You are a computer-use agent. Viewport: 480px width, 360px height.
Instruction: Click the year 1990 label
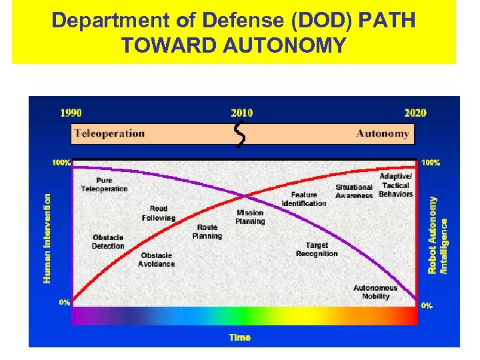[71, 113]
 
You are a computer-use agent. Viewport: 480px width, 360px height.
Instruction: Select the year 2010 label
[241, 113]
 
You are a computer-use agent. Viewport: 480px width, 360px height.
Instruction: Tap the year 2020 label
[415, 113]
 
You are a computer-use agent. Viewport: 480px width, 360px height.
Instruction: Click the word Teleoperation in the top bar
[109, 133]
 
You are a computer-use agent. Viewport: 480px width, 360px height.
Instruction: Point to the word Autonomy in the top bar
[382, 133]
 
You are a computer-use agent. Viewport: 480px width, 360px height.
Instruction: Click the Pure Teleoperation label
[104, 185]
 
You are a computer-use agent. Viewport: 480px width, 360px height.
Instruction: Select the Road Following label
[159, 213]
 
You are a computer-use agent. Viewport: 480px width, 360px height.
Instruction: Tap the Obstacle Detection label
[108, 242]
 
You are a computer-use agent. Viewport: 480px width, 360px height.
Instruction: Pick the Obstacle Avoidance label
[157, 259]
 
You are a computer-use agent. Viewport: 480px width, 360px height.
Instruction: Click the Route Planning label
[207, 232]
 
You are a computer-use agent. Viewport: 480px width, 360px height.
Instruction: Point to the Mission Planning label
[250, 217]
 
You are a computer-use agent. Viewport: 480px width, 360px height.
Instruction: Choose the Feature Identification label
[304, 199]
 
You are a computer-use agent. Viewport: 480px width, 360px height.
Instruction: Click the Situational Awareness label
[354, 192]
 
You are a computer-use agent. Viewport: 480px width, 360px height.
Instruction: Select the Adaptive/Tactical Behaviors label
[396, 185]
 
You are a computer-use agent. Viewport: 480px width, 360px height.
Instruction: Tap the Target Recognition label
[317, 249]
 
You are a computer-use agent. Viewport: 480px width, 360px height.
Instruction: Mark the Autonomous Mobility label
[375, 292]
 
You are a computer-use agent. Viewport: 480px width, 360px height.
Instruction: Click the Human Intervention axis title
[47, 237]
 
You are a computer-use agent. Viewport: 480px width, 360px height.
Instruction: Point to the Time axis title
[240, 337]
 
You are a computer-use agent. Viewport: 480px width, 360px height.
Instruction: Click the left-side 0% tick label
[64, 302]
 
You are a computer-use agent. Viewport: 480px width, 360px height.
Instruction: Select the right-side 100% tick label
[431, 163]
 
